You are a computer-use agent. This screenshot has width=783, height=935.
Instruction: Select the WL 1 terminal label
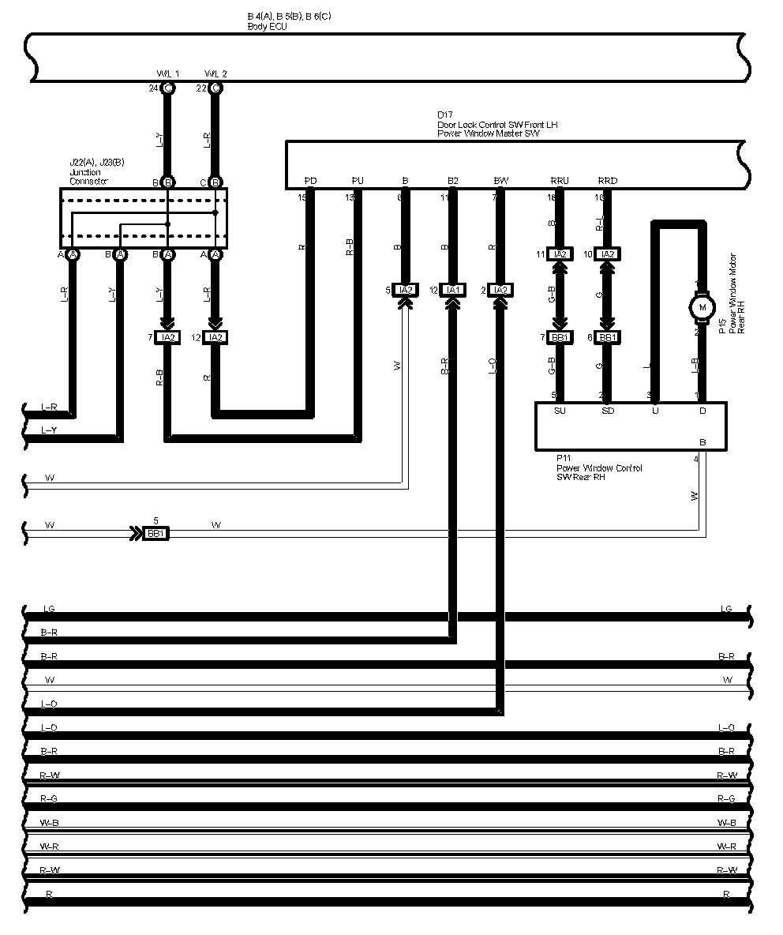169,73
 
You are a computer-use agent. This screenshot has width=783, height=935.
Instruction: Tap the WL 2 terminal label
215,73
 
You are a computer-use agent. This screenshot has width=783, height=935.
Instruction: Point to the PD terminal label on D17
310,181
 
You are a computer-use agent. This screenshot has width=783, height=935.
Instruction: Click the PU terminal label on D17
358,181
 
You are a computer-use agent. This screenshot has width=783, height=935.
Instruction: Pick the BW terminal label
500,181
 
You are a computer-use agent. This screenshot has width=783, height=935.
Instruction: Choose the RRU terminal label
560,181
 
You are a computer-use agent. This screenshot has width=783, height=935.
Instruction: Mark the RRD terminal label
608,181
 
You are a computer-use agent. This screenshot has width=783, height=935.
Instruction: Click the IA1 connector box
453,290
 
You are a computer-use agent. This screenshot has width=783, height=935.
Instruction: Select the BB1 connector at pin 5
156,534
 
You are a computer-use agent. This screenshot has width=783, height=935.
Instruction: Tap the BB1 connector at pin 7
560,337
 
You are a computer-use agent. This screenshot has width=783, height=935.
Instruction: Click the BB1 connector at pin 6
608,337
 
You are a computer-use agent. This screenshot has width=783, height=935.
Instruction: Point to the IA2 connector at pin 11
560,254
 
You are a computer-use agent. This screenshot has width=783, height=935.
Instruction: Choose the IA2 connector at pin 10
608,254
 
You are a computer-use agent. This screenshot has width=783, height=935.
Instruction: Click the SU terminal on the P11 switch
560,411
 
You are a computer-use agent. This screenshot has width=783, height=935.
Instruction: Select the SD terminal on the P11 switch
607,411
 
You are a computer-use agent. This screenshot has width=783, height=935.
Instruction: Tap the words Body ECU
267,26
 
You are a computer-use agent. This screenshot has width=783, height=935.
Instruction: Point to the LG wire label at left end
49,609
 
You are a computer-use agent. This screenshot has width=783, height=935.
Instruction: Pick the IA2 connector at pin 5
406,290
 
